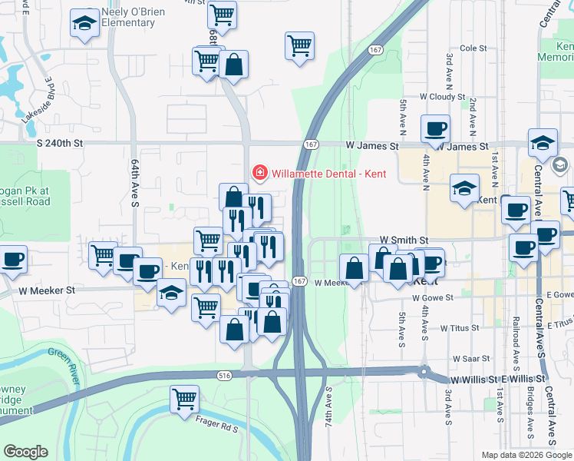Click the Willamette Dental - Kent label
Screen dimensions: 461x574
pos(328,173)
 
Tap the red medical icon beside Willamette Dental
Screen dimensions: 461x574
pos(260,173)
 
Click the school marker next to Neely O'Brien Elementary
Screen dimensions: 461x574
pos(84,23)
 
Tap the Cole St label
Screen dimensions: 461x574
pos(473,48)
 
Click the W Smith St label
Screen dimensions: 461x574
pos(407,240)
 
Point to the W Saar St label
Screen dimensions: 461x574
pos(470,359)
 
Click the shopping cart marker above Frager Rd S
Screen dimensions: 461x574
pos(185,400)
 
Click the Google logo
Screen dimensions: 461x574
pos(26,452)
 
